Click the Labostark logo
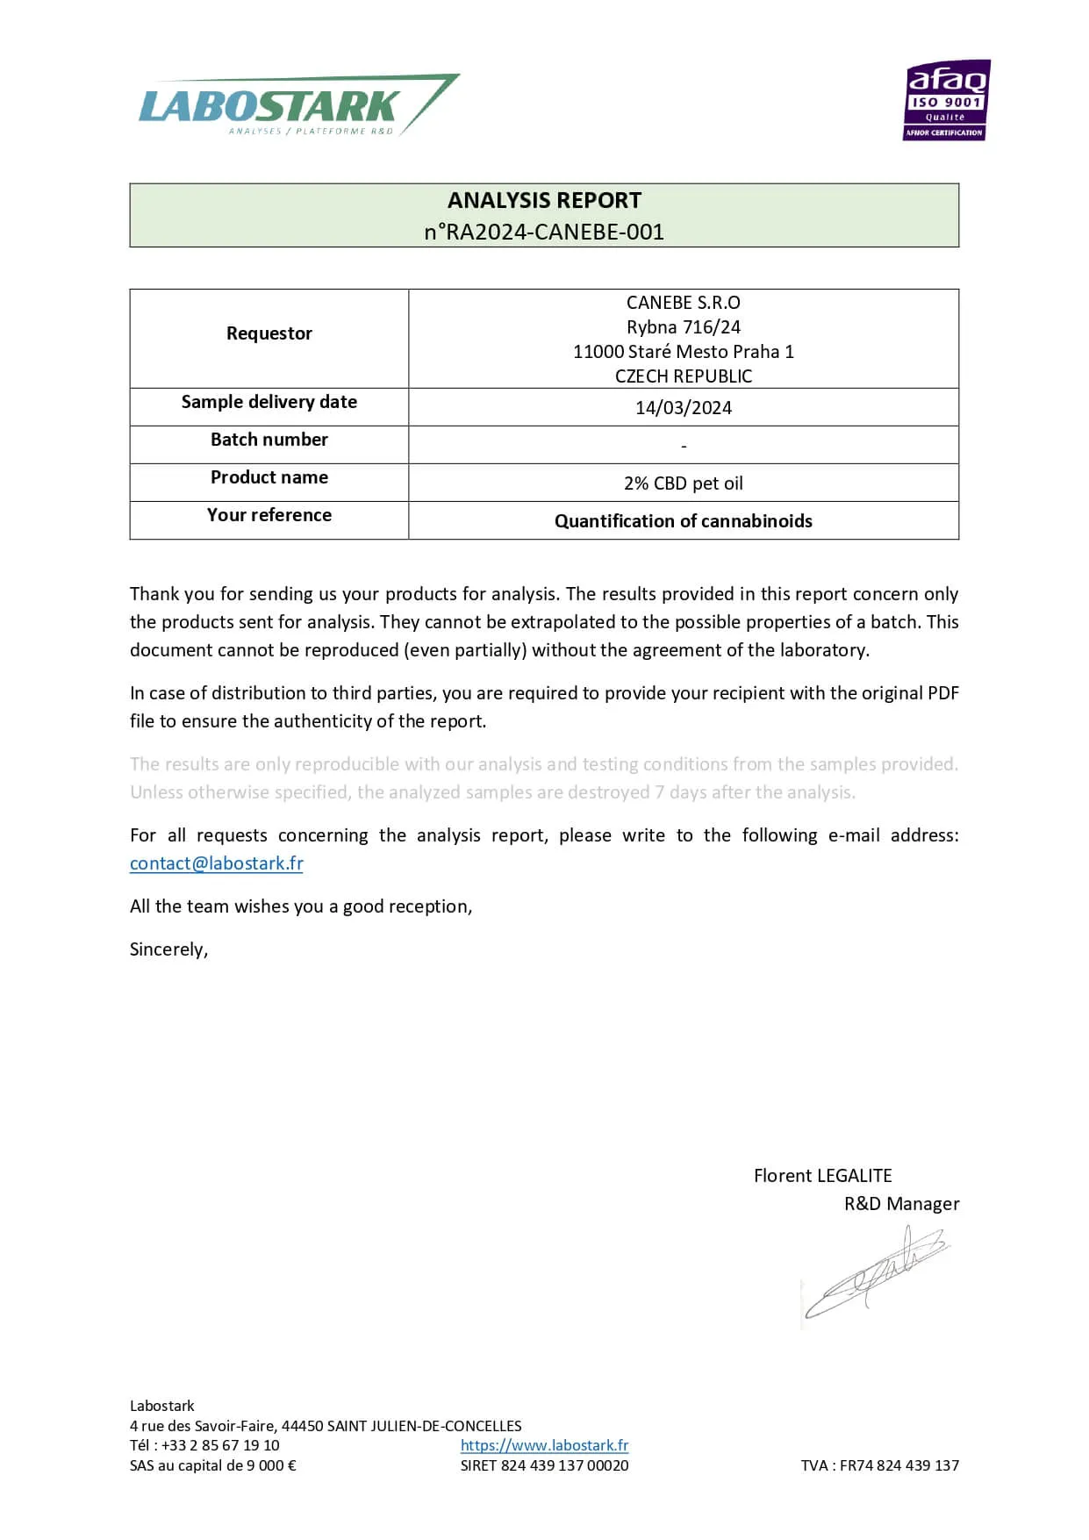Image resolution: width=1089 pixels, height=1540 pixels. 298,105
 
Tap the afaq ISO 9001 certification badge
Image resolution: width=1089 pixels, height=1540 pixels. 946,100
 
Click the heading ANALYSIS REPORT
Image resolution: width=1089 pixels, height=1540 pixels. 544,201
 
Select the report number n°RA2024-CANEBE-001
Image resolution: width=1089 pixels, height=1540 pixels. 544,232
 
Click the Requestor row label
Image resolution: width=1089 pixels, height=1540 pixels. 269,333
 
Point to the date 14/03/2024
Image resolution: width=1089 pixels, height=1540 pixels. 684,408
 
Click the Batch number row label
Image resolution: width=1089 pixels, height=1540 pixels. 269,440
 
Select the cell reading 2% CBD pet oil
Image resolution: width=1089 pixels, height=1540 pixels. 684,483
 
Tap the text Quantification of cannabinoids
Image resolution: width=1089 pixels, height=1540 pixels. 684,521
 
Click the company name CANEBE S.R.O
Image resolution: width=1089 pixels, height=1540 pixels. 684,303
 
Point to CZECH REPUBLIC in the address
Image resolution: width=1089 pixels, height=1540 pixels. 684,376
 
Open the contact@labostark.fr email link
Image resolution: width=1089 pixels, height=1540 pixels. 217,863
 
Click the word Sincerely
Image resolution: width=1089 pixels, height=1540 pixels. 168,949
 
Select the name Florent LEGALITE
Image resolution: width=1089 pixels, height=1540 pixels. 822,1176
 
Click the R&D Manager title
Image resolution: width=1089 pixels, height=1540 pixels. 901,1204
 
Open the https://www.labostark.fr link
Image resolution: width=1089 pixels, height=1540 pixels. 544,1445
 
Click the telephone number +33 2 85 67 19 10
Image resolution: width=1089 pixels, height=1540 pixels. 220,1445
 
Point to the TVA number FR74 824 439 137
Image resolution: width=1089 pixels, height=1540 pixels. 899,1465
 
